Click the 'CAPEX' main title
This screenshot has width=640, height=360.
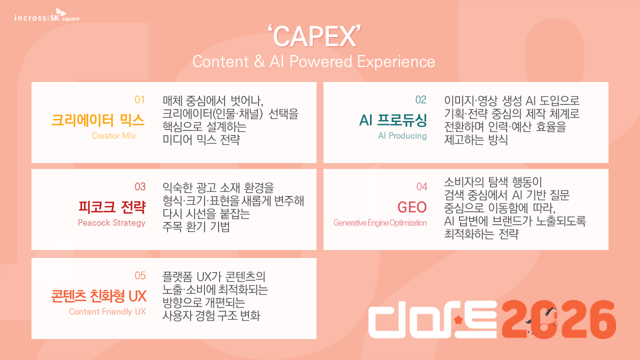click(x=314, y=36)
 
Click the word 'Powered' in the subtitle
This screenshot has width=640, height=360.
click(x=320, y=61)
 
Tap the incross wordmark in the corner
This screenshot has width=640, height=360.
click(x=30, y=18)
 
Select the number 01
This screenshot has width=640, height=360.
click(x=139, y=99)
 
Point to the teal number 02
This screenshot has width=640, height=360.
click(x=421, y=99)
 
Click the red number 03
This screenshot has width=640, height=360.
click(x=140, y=187)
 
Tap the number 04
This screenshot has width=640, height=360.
click(x=421, y=187)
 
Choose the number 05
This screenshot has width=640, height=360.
click(x=140, y=275)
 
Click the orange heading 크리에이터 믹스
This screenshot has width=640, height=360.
click(x=97, y=120)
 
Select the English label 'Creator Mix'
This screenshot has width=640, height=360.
click(x=113, y=135)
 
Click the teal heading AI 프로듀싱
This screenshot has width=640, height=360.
click(x=393, y=120)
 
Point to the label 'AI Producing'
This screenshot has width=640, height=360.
click(x=402, y=135)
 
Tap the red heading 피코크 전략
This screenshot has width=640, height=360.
click(x=112, y=207)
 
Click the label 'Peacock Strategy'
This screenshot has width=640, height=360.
click(x=111, y=223)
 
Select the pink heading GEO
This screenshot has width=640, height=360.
click(x=412, y=207)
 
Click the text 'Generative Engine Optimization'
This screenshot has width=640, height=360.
click(x=380, y=223)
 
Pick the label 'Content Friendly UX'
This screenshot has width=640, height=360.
click(x=107, y=311)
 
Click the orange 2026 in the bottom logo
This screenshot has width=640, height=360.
click(x=558, y=319)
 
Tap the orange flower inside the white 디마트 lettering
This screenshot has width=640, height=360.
click(x=458, y=319)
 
